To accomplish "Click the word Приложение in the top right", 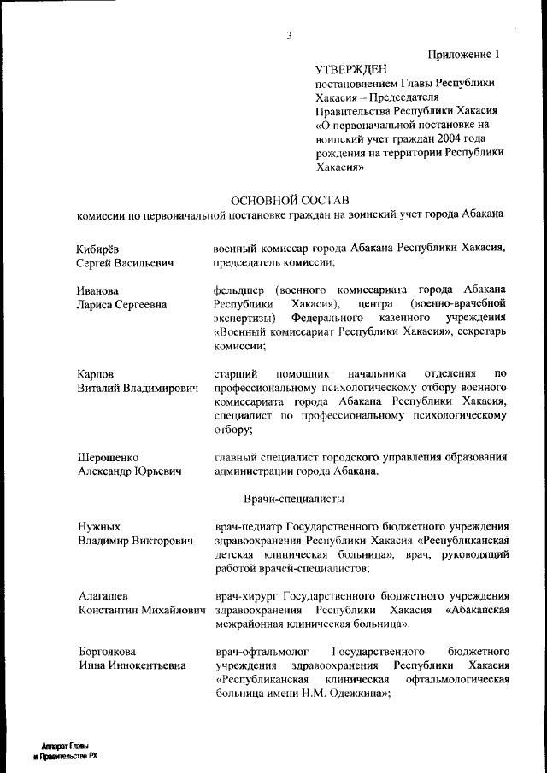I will [x=459, y=55].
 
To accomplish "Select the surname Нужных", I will [x=99, y=526].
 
